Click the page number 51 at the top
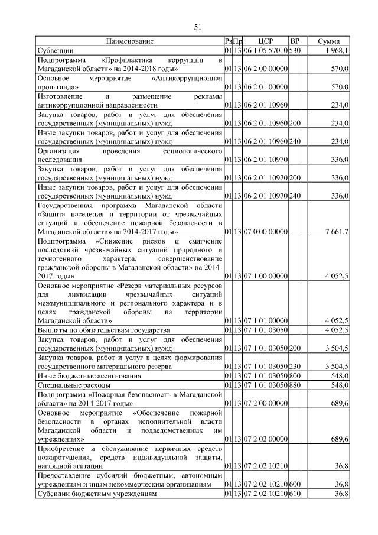click(198, 26)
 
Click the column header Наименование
click(130, 41)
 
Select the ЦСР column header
click(265, 41)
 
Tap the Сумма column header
click(328, 41)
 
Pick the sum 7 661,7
click(336, 233)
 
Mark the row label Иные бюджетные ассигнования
click(89, 375)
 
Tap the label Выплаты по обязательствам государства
click(104, 329)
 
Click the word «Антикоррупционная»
click(187, 78)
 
